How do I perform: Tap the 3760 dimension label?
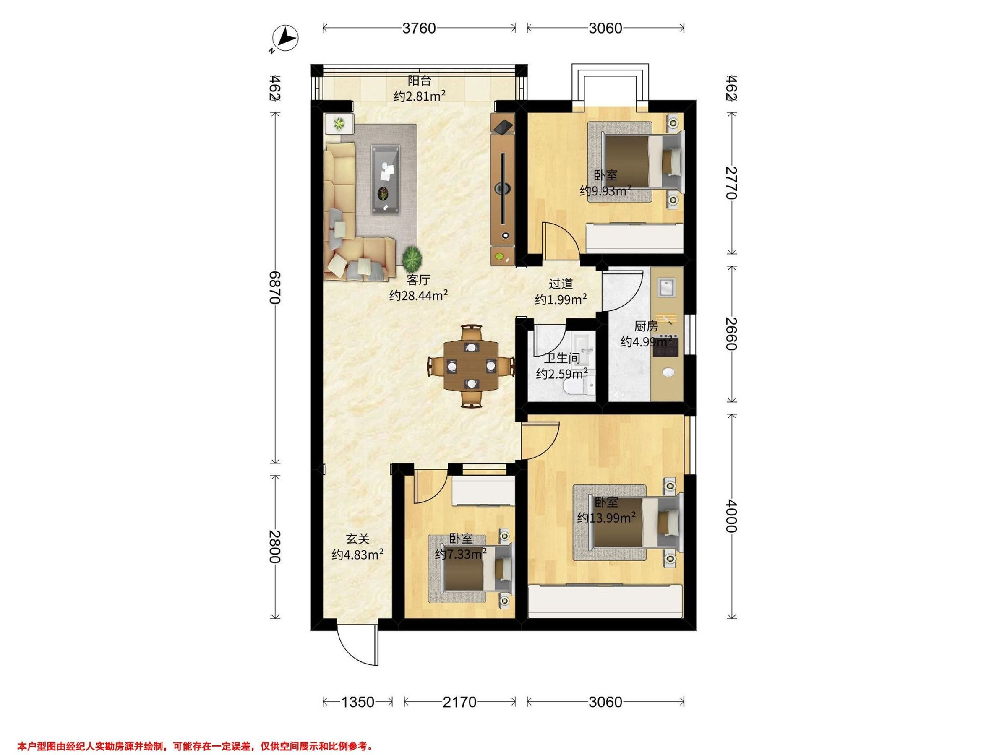[x=419, y=28]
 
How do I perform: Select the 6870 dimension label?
[x=275, y=287]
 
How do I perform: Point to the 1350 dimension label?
[x=357, y=702]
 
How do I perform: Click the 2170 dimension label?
[x=459, y=702]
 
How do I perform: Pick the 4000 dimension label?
[x=730, y=516]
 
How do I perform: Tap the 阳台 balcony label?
[x=419, y=81]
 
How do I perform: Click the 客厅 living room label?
[x=418, y=279]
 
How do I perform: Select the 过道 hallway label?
[x=561, y=284]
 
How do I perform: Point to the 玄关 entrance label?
[x=357, y=539]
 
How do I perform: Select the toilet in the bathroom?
[x=579, y=386]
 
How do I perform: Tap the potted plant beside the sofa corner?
[x=412, y=258]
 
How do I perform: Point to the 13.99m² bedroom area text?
[x=606, y=518]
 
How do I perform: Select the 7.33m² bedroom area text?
[x=461, y=554]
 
